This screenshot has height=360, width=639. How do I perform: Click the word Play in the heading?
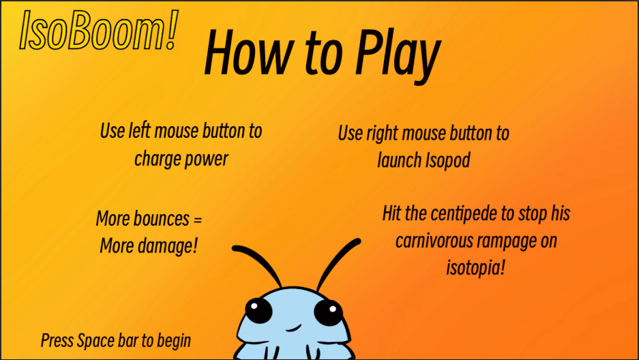coord(398,56)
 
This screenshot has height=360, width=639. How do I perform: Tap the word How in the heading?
coord(250,52)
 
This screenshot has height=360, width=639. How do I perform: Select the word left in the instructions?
coord(139,131)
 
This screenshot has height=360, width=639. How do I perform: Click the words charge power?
coord(181,159)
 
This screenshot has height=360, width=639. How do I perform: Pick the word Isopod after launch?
coord(447,160)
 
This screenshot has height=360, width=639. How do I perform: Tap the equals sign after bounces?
coord(198,220)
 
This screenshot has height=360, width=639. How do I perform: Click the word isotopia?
coord(475,267)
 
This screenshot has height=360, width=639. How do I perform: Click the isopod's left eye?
coord(258,311)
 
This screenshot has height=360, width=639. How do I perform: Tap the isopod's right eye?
coord(329,312)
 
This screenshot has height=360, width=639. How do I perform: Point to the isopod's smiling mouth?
coord(293,328)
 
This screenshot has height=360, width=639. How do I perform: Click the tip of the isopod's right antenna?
coord(358,241)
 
